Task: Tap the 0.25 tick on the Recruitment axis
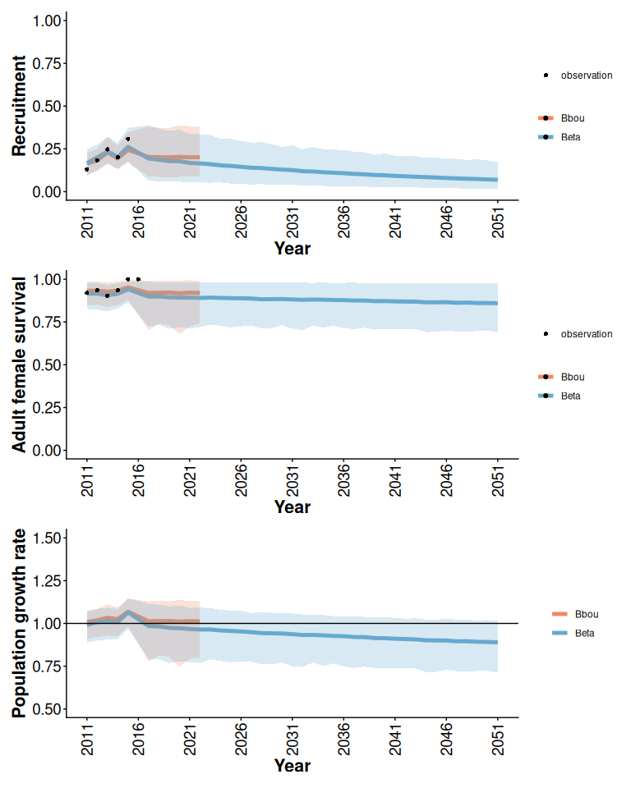(47, 149)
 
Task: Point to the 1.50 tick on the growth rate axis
(47, 538)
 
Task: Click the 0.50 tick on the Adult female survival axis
(47, 364)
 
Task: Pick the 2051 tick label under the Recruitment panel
(498, 220)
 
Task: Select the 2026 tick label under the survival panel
(242, 479)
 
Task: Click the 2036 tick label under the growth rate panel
(344, 737)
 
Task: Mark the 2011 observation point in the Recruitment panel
(87, 169)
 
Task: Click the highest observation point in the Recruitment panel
(127, 140)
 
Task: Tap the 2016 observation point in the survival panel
(138, 279)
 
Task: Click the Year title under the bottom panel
(292, 766)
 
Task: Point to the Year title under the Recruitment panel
(292, 248)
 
